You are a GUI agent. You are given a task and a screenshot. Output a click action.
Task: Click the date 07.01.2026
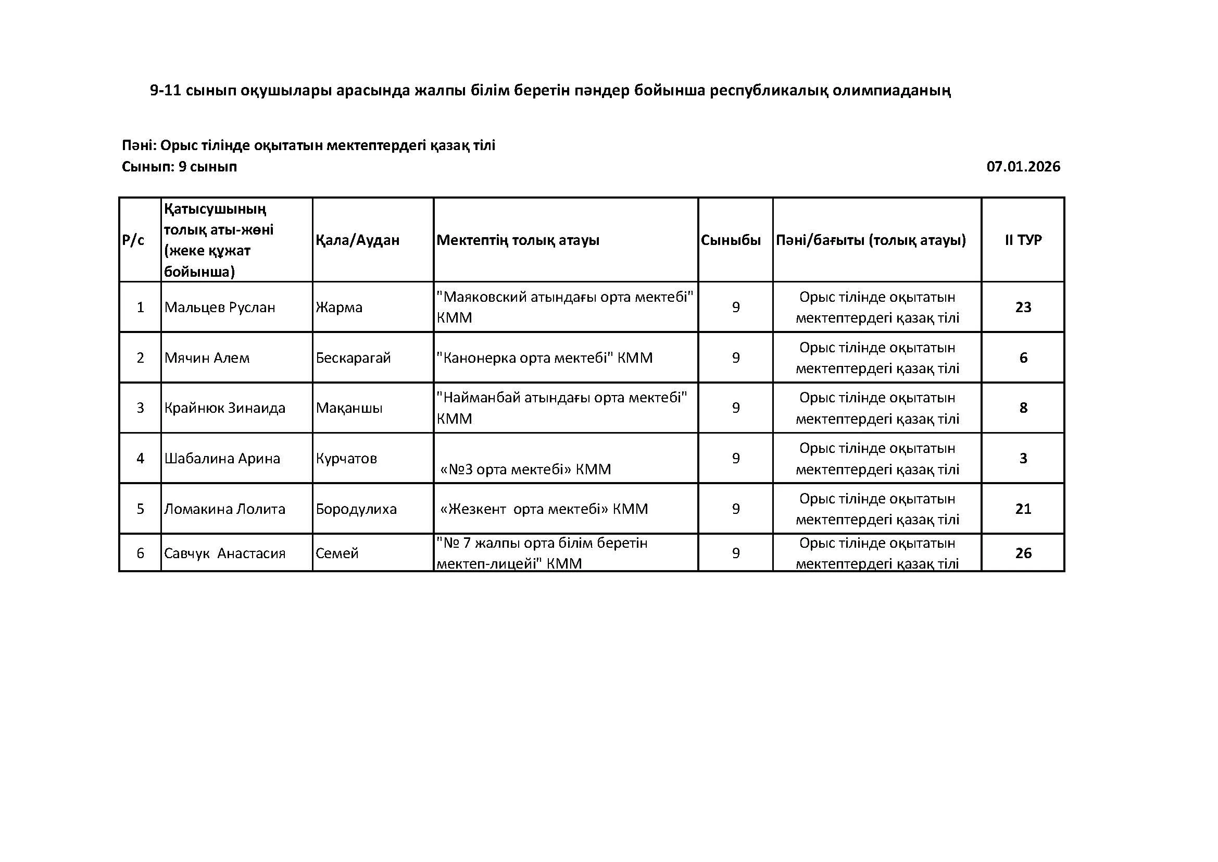1023,167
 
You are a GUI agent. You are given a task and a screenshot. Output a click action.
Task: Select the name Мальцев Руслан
220,307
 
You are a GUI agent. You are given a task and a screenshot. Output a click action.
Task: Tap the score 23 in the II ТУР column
1023,307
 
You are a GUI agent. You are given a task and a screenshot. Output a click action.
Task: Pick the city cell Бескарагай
353,358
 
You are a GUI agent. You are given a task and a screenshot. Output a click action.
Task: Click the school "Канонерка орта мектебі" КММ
544,358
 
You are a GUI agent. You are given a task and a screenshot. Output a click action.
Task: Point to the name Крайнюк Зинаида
225,408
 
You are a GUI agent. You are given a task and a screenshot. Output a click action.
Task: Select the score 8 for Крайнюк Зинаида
1023,408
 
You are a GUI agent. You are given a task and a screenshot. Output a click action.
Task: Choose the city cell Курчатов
346,458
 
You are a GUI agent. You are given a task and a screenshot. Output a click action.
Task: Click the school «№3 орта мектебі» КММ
526,469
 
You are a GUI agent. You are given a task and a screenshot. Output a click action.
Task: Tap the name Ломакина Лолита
225,509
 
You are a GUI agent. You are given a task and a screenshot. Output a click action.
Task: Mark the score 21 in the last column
1023,509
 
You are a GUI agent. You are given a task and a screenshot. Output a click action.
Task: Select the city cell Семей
337,553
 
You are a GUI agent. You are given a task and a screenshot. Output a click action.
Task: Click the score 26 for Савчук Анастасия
1023,553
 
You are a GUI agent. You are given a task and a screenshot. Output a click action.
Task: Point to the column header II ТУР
1023,240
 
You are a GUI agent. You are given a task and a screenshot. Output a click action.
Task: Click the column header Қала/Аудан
358,240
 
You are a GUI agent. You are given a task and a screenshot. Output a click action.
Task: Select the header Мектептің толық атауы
518,240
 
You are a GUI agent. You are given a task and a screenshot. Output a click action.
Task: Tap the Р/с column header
133,240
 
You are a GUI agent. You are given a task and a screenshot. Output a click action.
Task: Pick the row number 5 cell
140,509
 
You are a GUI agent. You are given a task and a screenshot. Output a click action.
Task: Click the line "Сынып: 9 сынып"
179,167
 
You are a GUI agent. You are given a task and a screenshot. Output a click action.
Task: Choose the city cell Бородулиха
356,509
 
